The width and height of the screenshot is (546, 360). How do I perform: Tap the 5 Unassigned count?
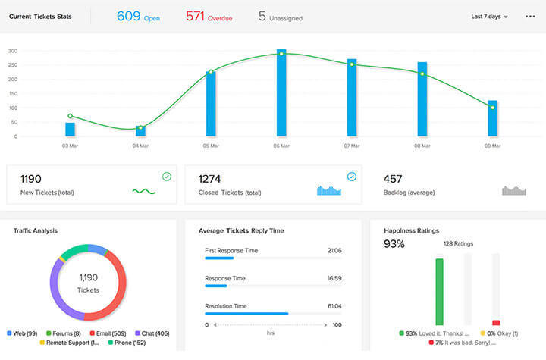coord(280,16)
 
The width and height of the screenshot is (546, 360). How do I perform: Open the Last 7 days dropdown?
coord(489,17)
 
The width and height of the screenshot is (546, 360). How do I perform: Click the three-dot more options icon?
coord(530,17)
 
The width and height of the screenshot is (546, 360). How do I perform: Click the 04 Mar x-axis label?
coord(140,145)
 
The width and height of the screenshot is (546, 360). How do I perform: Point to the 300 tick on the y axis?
coord(13,51)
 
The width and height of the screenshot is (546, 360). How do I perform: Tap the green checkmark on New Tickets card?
coord(167,177)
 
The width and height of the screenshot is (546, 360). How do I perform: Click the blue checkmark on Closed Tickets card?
coord(351,177)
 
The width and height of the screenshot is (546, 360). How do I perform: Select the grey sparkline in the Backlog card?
coord(513,190)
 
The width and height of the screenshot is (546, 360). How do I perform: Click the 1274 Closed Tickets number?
coord(209,180)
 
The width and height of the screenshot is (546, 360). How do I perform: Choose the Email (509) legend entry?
coord(111,333)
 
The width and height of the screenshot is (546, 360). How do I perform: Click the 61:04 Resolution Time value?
coord(333,306)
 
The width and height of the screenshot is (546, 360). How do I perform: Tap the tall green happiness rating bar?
coord(439,292)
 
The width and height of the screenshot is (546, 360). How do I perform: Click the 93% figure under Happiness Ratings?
coord(394,244)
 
